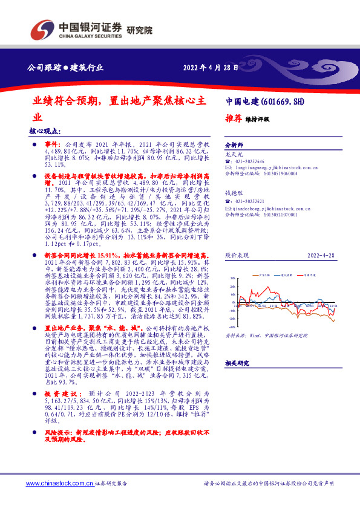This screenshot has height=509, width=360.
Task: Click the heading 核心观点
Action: pos(44,131)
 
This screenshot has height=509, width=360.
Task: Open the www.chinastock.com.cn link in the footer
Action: pos(59,484)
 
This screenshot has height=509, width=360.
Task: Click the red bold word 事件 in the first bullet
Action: pos(53,146)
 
